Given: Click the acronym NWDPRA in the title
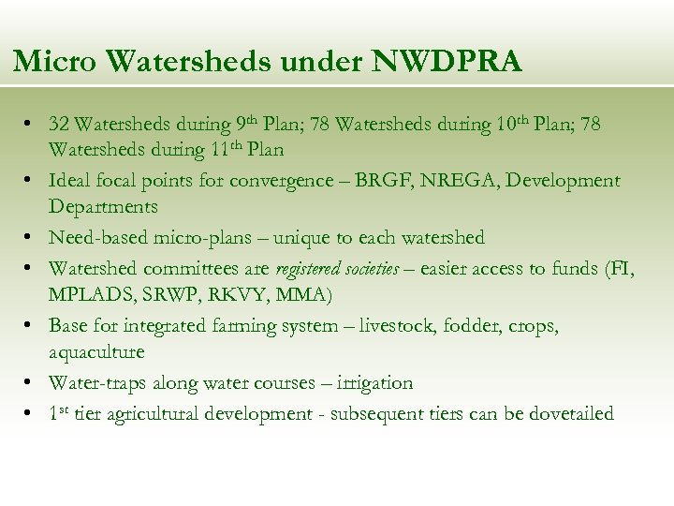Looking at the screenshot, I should (447, 62).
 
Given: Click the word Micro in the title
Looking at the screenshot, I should (55, 62).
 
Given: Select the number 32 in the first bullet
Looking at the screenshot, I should (59, 124).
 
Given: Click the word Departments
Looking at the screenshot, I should (103, 206).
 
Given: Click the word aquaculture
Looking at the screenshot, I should (96, 352).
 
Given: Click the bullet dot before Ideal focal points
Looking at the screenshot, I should (31, 180).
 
